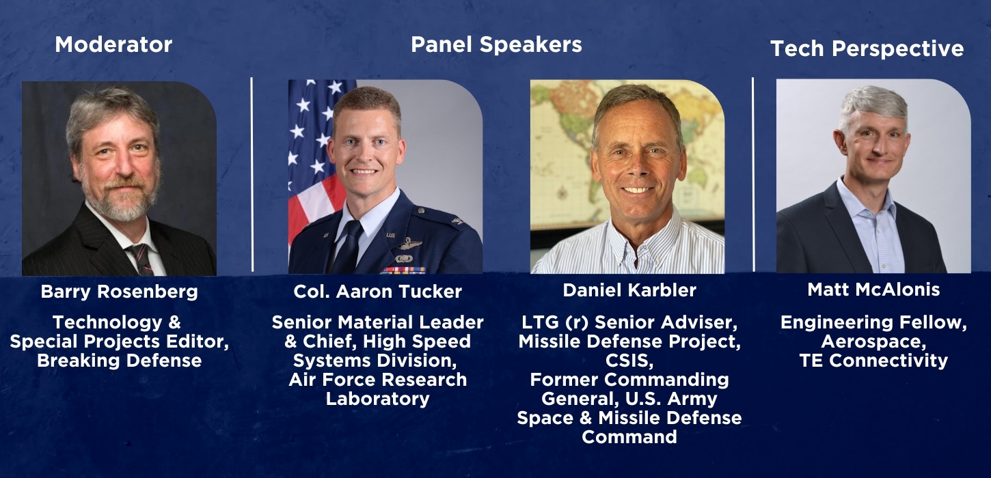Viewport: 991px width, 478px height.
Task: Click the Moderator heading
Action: tap(113, 45)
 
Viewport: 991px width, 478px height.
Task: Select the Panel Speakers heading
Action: tap(496, 45)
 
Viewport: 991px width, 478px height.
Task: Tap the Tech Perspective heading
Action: tap(867, 48)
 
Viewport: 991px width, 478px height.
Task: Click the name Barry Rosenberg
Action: tap(119, 292)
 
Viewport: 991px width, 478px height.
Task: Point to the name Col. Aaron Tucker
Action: tap(377, 292)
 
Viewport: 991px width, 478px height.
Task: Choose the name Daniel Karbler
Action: tap(629, 290)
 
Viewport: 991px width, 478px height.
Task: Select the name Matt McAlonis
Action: tap(873, 290)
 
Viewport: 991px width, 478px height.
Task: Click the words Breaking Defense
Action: tap(119, 361)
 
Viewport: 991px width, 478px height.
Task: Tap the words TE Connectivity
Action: tap(873, 361)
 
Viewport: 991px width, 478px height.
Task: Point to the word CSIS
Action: tap(629, 360)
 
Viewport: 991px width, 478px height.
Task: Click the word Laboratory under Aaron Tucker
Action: tap(377, 399)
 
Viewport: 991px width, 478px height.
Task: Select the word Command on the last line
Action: tap(629, 436)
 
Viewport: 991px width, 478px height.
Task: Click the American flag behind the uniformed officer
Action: tap(308, 150)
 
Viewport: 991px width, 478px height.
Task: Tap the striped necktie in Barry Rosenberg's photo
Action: tap(141, 259)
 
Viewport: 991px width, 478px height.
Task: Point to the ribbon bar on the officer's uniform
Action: tap(403, 270)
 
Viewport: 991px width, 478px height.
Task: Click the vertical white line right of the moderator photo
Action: tap(252, 174)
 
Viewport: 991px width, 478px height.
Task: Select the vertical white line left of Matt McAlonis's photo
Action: tap(753, 174)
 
